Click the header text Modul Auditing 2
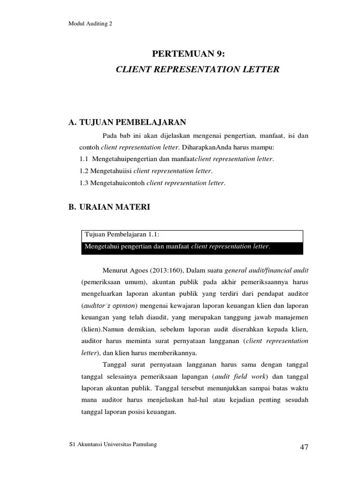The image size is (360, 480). pyautogui.click(x=90, y=24)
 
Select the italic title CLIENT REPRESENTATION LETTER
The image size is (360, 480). pyautogui.click(x=197, y=69)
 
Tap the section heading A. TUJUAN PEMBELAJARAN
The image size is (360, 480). pyautogui.click(x=127, y=123)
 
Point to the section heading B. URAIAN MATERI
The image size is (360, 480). pyautogui.click(x=109, y=207)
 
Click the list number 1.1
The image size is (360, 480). pyautogui.click(x=84, y=159)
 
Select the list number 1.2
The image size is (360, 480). pyautogui.click(x=84, y=171)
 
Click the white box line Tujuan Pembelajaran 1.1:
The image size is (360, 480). pyautogui.click(x=125, y=235)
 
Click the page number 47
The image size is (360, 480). pyautogui.click(x=304, y=447)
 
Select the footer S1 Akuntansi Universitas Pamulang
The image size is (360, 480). pyautogui.click(x=112, y=444)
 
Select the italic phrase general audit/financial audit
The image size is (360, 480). pyautogui.click(x=266, y=270)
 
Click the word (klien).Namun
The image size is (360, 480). pyautogui.click(x=100, y=330)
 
